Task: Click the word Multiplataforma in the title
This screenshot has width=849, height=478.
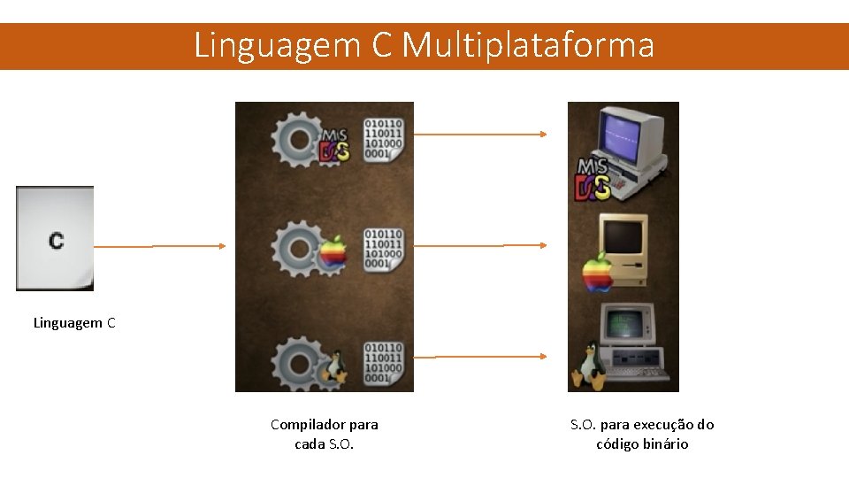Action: (528, 44)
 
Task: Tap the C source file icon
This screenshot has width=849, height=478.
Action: (55, 238)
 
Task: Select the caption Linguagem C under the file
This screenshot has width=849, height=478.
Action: (74, 323)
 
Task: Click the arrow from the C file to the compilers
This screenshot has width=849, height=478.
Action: (159, 246)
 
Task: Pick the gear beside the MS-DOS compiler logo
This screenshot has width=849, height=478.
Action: (295, 141)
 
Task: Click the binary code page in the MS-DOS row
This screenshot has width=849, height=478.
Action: (383, 139)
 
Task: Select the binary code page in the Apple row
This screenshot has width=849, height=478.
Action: (383, 250)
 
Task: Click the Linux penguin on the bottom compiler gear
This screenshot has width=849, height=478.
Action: (333, 365)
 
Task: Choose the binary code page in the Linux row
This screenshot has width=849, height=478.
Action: (383, 363)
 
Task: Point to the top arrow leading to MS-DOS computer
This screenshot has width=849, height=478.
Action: (481, 135)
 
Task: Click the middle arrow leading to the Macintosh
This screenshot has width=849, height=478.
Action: (481, 246)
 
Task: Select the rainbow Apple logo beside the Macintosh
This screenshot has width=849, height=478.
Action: (598, 273)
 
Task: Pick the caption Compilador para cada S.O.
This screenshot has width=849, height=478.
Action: (324, 434)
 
